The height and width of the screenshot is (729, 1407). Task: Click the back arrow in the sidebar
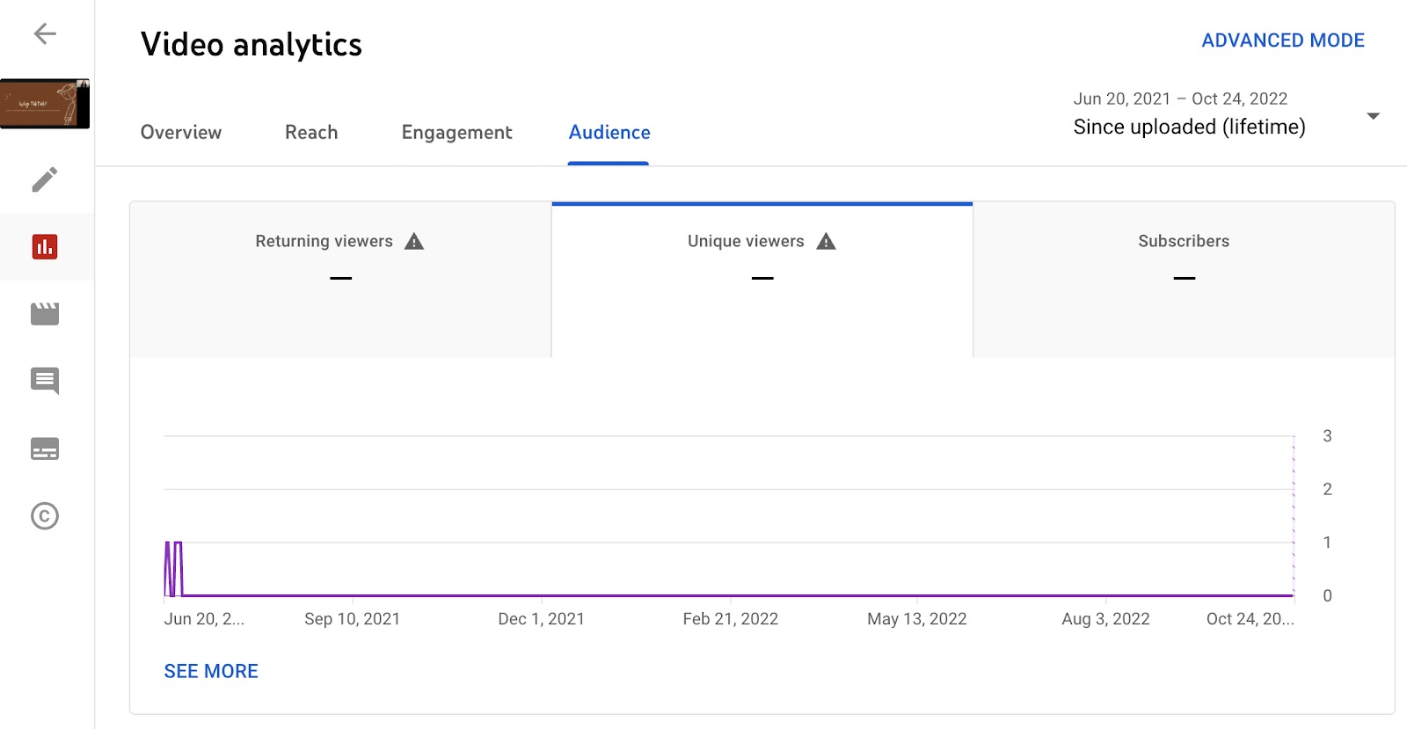tap(45, 34)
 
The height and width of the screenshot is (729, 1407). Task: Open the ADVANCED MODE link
tap(1282, 40)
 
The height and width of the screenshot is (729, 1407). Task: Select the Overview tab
tap(181, 133)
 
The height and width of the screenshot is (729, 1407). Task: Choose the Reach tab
tap(311, 133)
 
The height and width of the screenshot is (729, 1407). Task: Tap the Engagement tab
tap(456, 133)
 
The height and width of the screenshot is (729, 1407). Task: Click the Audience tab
tap(609, 133)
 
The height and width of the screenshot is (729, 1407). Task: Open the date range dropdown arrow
tap(1373, 116)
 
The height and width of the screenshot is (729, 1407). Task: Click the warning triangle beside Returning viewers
tap(414, 242)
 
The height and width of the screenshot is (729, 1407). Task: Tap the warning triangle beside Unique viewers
tap(826, 242)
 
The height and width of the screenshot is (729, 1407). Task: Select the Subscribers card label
tap(1184, 241)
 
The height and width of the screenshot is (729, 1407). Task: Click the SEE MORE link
tap(211, 672)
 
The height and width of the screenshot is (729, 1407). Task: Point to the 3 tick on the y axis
tap(1327, 436)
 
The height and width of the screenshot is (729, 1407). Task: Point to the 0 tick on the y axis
tap(1327, 596)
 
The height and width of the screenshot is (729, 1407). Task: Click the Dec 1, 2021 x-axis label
tap(541, 619)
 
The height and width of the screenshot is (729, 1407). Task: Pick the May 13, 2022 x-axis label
tap(916, 619)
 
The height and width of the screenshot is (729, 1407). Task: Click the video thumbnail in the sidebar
tap(45, 104)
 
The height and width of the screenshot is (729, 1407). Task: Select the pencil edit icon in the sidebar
tap(45, 179)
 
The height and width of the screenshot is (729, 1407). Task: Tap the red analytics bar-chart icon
tap(45, 247)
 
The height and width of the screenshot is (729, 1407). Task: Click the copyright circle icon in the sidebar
tap(45, 516)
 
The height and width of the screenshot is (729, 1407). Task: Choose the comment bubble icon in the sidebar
tap(45, 381)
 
